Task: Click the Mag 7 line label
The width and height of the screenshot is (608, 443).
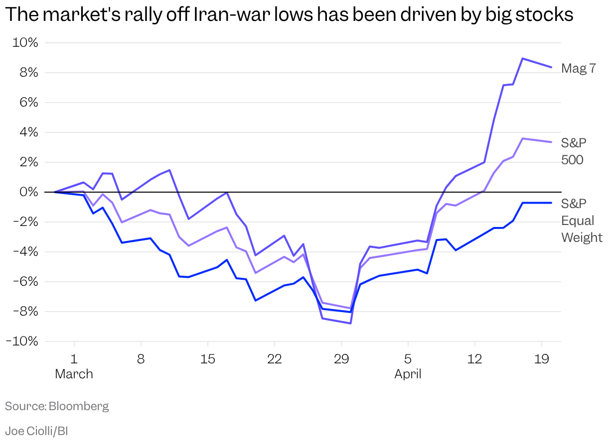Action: [x=578, y=68]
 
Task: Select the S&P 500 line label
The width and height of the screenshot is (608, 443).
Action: [x=574, y=151]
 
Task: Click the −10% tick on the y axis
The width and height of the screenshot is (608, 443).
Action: [x=21, y=341]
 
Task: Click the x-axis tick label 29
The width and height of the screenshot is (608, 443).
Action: [x=341, y=359]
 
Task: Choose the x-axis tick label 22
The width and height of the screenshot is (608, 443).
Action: [x=275, y=359]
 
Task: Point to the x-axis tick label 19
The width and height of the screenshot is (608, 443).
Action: [x=542, y=359]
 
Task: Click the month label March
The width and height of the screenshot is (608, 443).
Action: [x=74, y=374]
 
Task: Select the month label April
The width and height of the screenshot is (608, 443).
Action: [x=408, y=374]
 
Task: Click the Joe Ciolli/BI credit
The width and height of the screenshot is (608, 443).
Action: [x=36, y=431]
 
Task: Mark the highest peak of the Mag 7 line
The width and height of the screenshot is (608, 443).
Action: [x=522, y=58]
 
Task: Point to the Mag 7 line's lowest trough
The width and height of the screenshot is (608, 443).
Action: [x=351, y=324]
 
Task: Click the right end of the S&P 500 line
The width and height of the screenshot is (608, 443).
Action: [x=551, y=142]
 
